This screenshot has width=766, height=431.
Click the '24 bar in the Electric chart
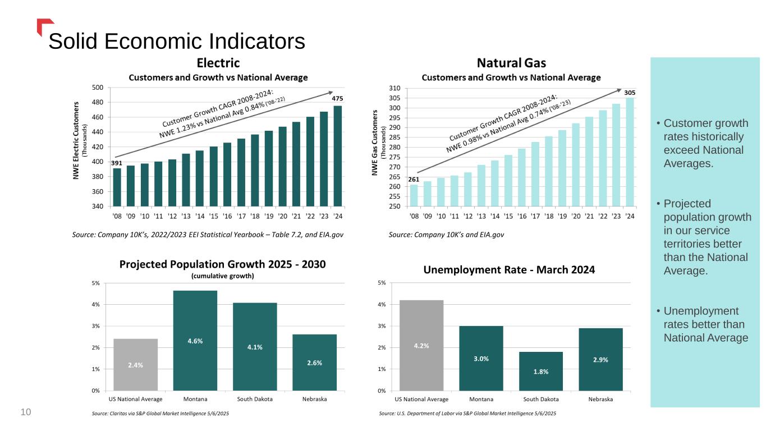pyautogui.click(x=338, y=156)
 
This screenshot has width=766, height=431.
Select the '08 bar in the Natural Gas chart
pyautogui.click(x=414, y=195)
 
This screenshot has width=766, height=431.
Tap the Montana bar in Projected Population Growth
pyautogui.click(x=195, y=340)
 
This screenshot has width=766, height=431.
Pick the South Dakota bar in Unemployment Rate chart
pyautogui.click(x=540, y=371)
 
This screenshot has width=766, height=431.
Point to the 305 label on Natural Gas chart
pyautogui.click(x=630, y=92)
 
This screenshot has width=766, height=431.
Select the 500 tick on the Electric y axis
pyautogui.click(x=97, y=88)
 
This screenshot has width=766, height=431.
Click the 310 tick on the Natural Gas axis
pyautogui.click(x=395, y=89)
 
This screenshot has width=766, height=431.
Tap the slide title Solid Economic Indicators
pyautogui.click(x=177, y=41)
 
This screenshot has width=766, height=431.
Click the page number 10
pyautogui.click(x=25, y=412)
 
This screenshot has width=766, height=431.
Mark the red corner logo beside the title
pyautogui.click(x=44, y=26)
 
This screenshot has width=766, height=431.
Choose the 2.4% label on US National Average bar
pyautogui.click(x=135, y=365)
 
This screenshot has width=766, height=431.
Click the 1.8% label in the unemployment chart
pyautogui.click(x=540, y=371)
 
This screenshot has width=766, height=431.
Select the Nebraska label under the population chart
pyautogui.click(x=314, y=399)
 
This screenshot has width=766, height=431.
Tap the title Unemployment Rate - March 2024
pyautogui.click(x=509, y=270)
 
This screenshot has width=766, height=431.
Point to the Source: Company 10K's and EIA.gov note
pyautogui.click(x=446, y=234)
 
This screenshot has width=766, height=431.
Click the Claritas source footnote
pyautogui.click(x=160, y=414)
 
